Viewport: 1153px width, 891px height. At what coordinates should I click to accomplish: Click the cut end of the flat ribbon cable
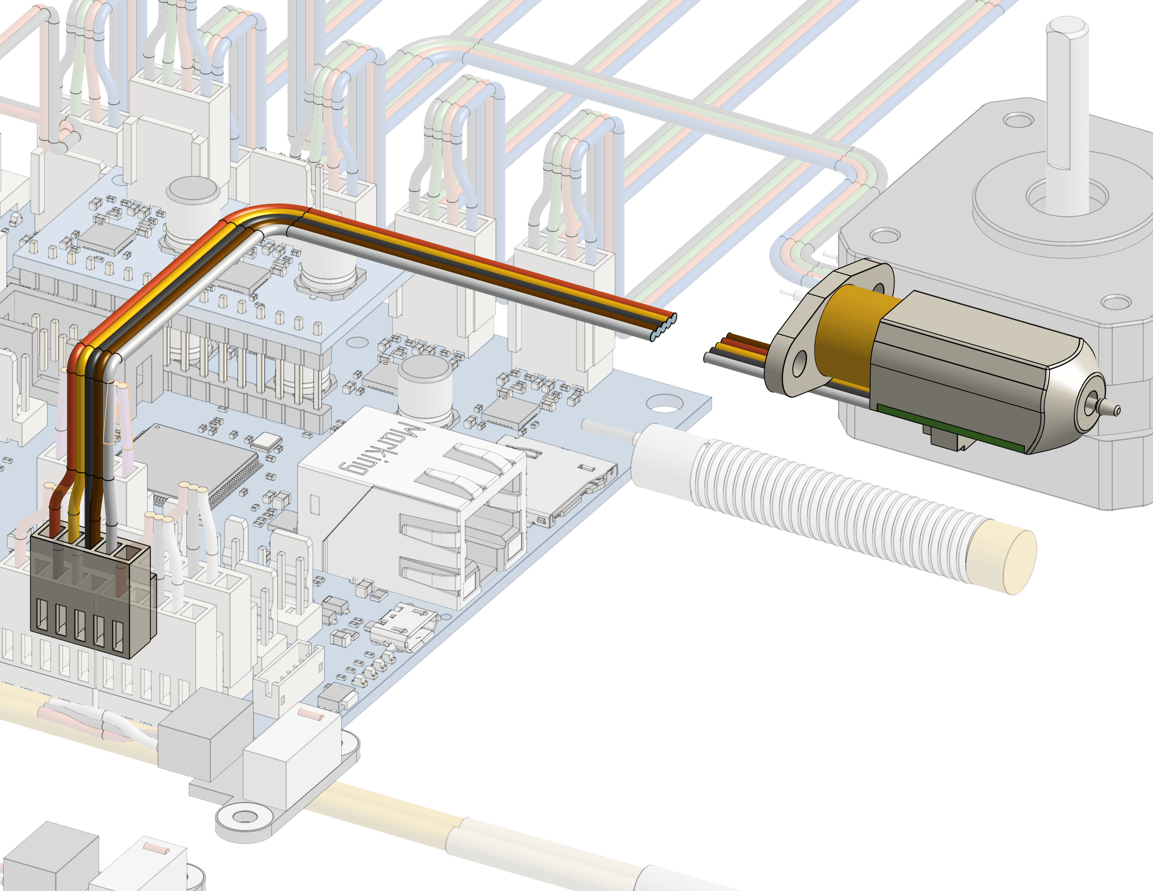[x=664, y=327]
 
